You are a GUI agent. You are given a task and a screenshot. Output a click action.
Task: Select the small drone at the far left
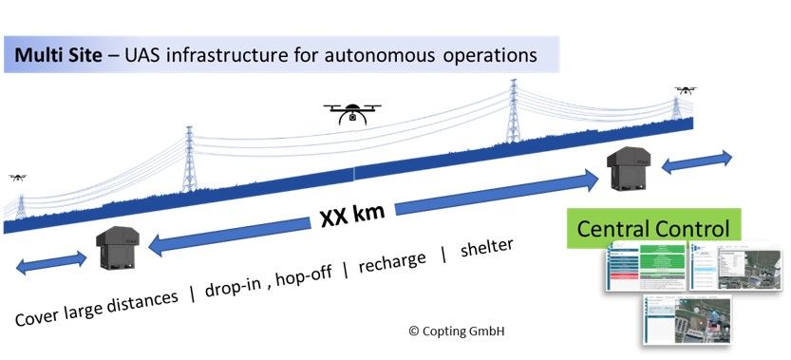point(17,177)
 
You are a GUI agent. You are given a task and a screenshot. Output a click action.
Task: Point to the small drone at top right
point(685,90)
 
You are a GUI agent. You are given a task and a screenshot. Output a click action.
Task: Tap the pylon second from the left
point(189,161)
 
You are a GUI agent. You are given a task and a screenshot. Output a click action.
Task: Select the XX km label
point(351,218)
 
